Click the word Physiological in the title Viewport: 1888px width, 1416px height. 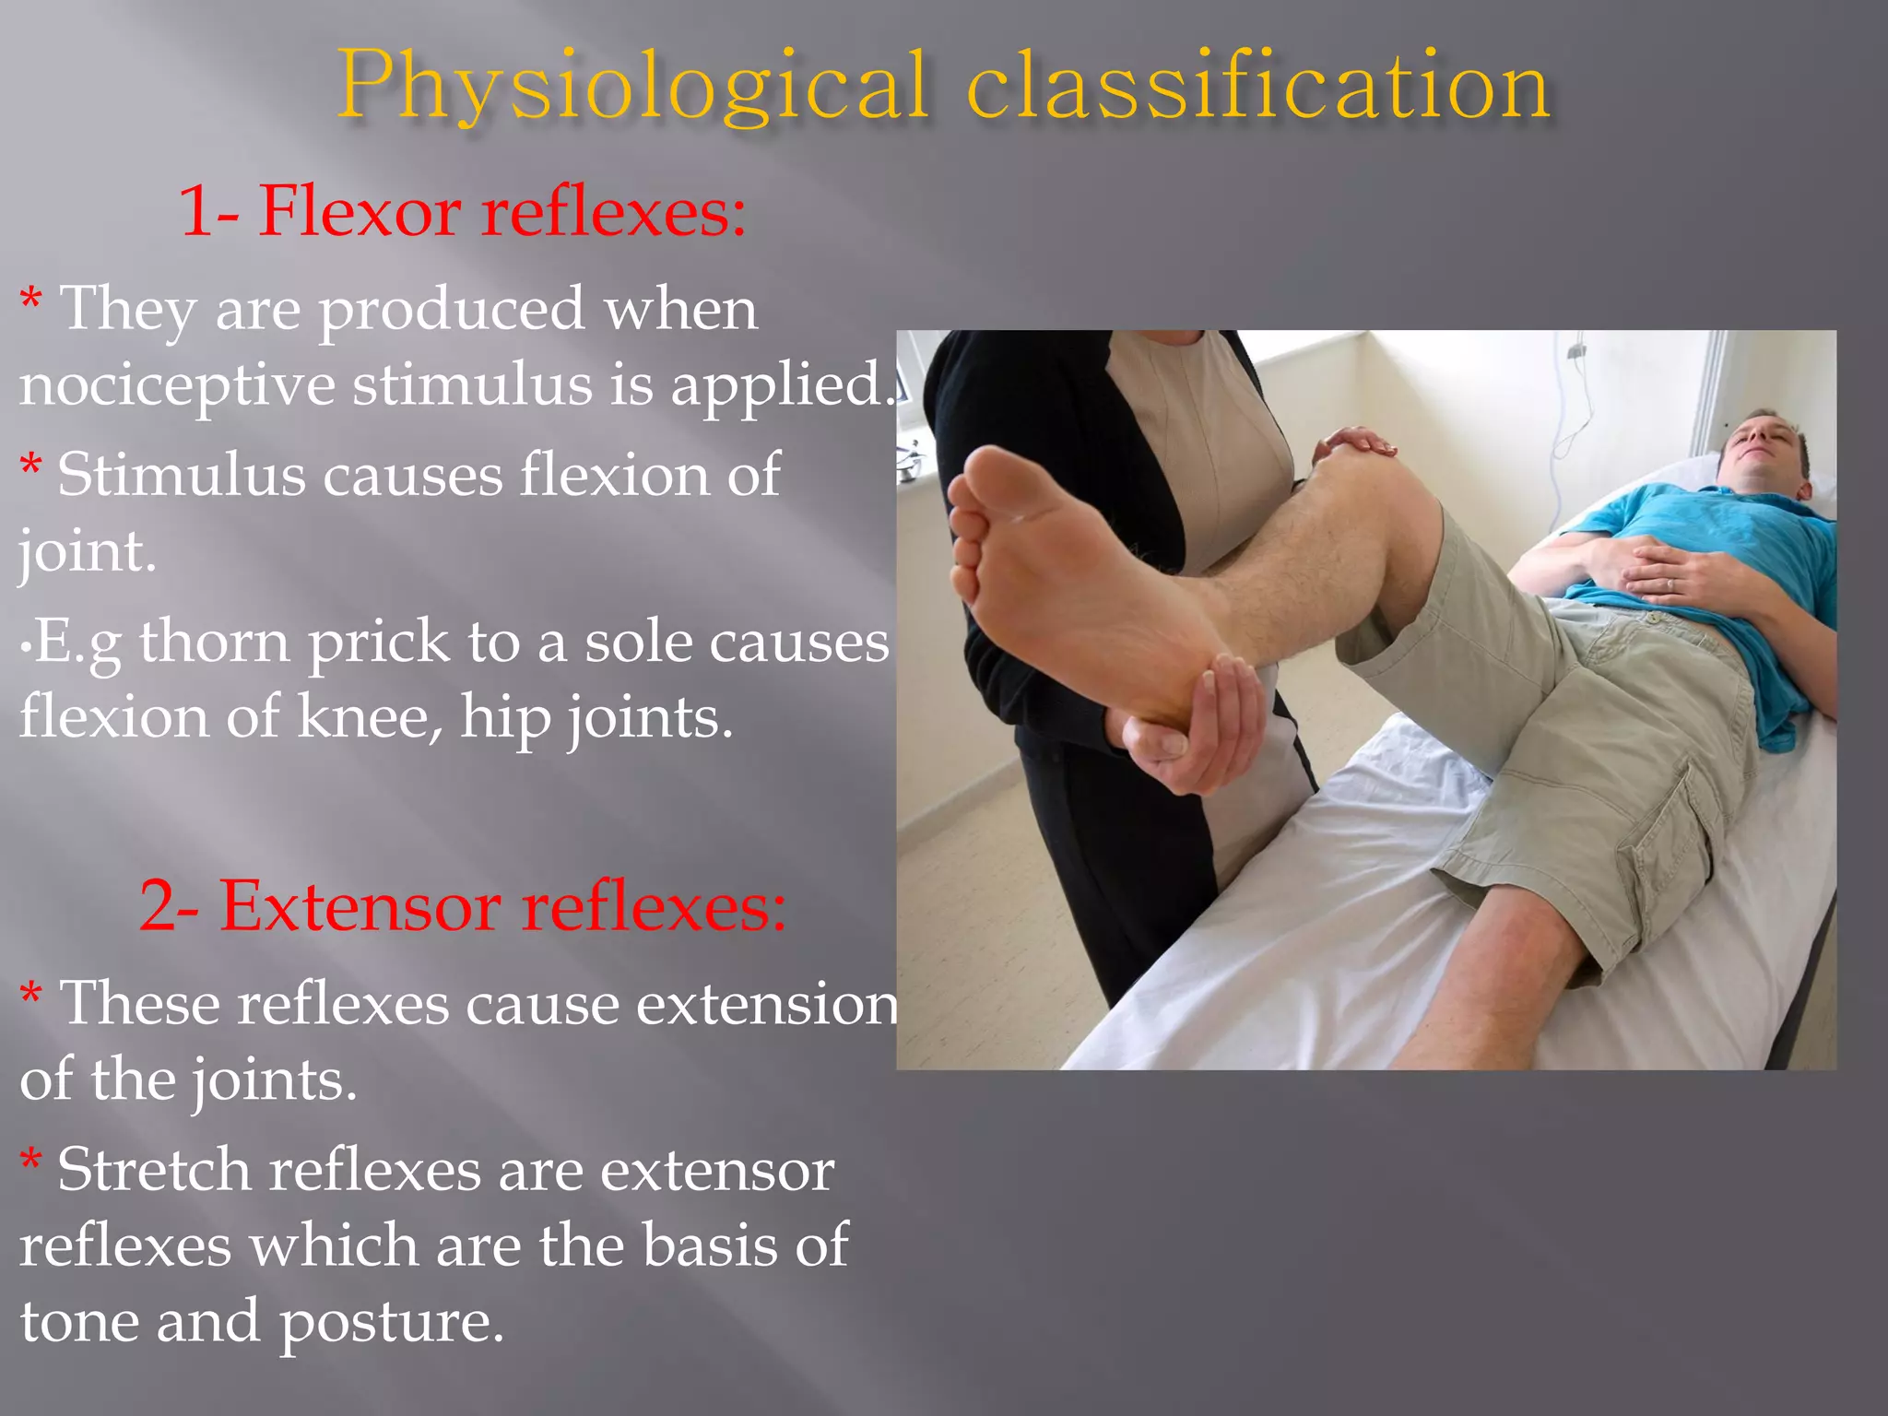tap(631, 88)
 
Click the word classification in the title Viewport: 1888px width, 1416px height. tap(1258, 88)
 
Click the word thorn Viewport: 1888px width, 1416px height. tap(215, 643)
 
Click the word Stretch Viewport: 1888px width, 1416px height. tap(155, 1171)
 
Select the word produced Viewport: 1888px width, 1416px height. tap(452, 310)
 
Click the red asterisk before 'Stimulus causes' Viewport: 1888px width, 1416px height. tap(31, 465)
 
